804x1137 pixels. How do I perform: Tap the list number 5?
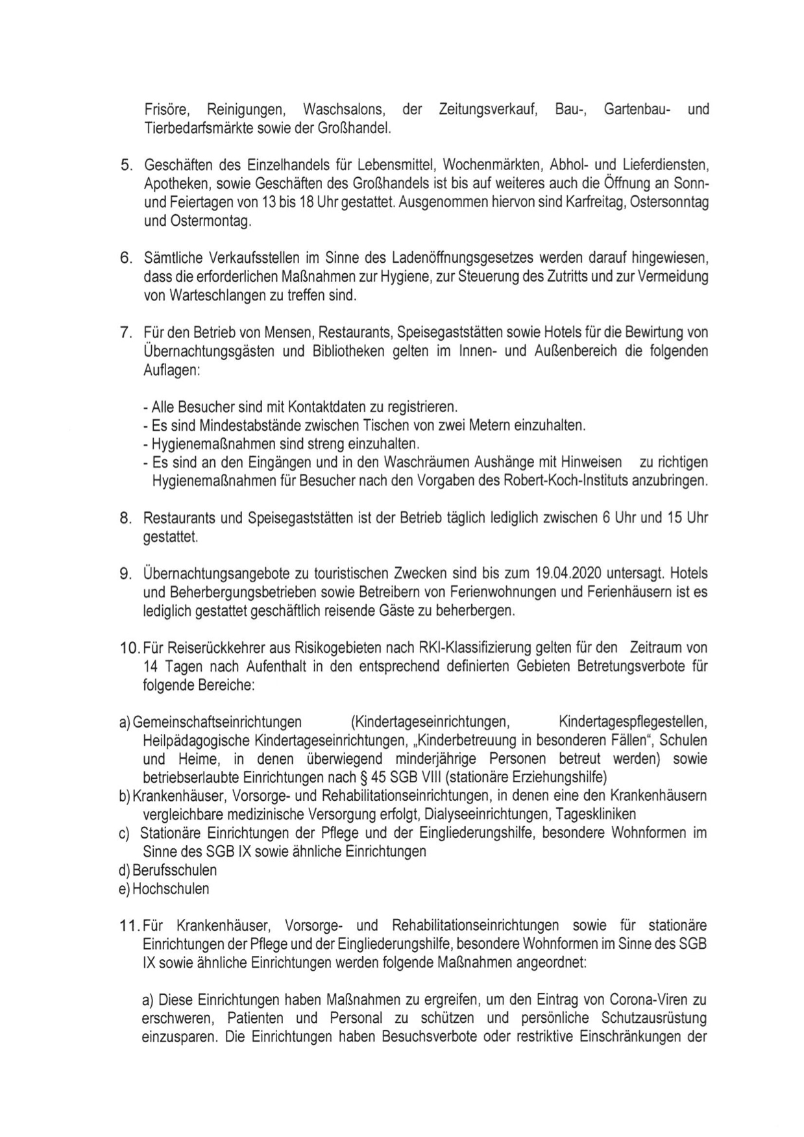pos(127,165)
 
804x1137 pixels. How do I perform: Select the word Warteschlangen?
pos(206,296)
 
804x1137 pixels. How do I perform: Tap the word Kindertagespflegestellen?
pos(632,722)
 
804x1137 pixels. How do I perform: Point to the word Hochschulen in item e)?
pos(171,889)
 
